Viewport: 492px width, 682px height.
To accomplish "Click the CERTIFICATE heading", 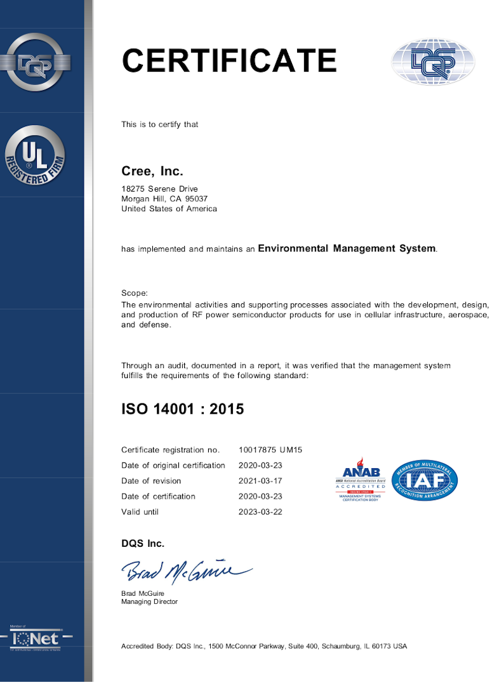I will pos(229,60).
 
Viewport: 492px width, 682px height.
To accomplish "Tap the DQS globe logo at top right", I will pos(433,62).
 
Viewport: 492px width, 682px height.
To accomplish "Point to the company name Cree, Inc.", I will pos(152,171).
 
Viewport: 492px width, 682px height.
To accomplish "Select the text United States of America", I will pos(169,209).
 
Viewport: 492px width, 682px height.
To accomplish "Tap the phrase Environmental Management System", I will pos(347,249).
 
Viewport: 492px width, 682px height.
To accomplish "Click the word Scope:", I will pos(134,293).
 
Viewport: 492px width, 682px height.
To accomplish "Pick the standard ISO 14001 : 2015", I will pos(182,409).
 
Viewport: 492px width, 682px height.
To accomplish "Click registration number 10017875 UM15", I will pos(270,450).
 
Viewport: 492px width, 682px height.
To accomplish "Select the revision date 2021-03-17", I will pos(260,481).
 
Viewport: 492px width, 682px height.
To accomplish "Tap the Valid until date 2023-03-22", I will pos(260,511).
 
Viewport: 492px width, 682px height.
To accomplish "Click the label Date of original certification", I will pos(173,465).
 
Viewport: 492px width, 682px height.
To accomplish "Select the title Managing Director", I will pos(149,601).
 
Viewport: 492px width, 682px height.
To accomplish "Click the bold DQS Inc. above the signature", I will pos(143,544).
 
